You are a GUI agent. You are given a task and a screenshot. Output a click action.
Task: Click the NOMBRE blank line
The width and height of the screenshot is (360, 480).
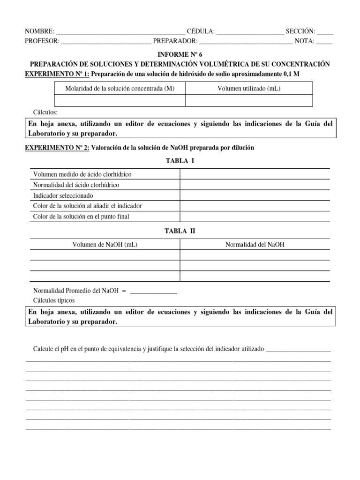tap(120, 32)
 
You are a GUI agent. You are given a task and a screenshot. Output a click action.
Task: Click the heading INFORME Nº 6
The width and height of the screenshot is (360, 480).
tap(180, 54)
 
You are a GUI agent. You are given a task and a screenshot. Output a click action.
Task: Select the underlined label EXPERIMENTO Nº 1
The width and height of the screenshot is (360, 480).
tap(57, 74)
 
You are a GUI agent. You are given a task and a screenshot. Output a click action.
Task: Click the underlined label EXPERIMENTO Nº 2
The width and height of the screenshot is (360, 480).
tap(57, 147)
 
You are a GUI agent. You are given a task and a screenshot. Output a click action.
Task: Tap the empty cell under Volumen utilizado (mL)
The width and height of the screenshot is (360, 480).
tap(249, 100)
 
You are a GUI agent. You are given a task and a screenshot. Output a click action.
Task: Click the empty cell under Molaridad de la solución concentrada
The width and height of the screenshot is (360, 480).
tap(120, 100)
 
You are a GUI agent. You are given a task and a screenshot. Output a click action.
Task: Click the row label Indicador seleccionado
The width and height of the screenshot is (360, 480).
tap(63, 195)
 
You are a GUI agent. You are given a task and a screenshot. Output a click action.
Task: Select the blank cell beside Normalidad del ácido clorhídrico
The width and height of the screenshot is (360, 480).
tap(255, 185)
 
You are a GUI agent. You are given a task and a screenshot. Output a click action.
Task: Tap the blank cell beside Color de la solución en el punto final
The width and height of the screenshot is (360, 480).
tap(255, 217)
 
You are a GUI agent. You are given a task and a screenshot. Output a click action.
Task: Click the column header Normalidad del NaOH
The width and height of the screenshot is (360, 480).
tap(255, 244)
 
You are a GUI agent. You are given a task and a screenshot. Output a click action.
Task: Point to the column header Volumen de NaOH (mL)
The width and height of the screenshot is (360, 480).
tap(105, 244)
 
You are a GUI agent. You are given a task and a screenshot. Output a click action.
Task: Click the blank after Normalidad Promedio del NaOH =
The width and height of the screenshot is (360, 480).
tap(153, 291)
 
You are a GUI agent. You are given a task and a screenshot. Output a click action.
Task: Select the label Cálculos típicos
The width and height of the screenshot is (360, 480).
tap(54, 300)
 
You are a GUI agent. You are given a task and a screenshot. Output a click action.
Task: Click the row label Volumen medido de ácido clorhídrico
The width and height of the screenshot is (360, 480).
tap(82, 174)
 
